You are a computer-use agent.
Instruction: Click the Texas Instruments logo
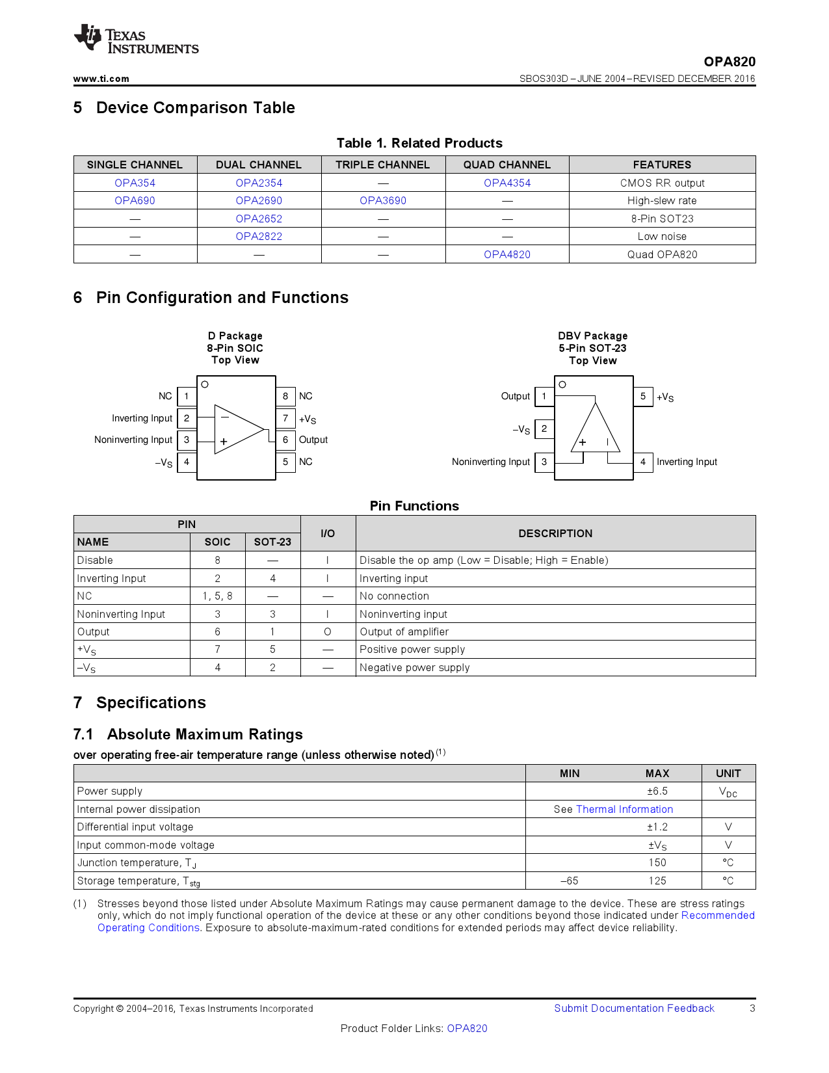(136, 40)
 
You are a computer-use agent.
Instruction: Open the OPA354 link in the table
(135, 183)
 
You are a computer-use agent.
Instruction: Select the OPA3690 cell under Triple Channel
(383, 201)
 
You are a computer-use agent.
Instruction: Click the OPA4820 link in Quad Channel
(507, 255)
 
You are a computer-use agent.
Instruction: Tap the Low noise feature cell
(662, 237)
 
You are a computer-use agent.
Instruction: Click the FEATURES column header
(662, 165)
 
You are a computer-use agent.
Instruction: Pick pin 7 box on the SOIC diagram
(285, 418)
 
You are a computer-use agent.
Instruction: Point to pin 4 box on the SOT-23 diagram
(643, 462)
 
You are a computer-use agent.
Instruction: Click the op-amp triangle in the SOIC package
(238, 429)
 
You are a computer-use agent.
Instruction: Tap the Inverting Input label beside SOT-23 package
(687, 462)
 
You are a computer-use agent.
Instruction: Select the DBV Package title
(592, 336)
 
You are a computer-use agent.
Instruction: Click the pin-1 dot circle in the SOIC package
(205, 384)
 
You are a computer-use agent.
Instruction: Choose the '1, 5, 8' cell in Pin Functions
(217, 596)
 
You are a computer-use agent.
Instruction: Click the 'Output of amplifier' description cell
(404, 632)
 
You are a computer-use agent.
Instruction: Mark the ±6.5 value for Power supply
(657, 791)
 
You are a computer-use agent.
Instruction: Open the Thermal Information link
(624, 810)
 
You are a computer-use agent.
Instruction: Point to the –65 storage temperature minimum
(569, 881)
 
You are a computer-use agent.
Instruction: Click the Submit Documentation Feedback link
(634, 1009)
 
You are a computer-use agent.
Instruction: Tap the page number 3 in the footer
(752, 1009)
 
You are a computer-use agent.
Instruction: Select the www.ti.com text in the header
(101, 79)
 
